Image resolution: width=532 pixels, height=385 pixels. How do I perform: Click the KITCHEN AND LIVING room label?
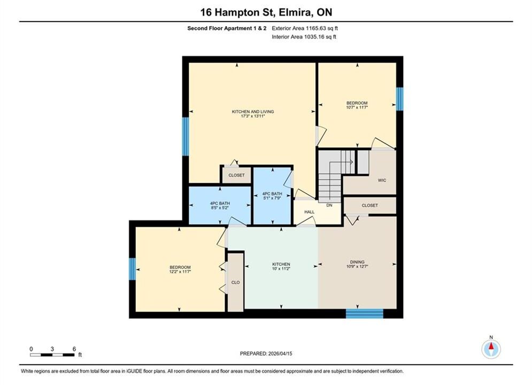coord(253,112)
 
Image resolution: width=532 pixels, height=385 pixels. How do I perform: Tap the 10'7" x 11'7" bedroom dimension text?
coord(357,107)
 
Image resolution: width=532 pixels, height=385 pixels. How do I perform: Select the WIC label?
coord(382,180)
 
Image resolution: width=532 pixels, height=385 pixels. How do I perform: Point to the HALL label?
coord(310,212)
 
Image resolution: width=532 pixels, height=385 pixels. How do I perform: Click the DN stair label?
coord(329,205)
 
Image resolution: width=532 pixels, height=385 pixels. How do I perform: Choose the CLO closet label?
coord(235,282)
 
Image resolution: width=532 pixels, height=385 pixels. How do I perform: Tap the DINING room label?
coord(357,262)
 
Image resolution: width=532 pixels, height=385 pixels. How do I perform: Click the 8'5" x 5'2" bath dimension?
coord(220,208)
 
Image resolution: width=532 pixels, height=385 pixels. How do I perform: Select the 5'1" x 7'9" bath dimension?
coord(272,198)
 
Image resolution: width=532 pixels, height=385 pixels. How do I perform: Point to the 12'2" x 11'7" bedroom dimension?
coord(180,272)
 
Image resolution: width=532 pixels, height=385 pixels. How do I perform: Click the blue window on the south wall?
coord(365,313)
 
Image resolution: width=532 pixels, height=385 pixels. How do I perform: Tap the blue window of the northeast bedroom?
coord(400,99)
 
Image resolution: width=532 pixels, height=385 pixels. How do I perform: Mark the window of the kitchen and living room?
coord(186,136)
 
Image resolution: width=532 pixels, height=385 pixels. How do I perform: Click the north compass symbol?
coord(491,348)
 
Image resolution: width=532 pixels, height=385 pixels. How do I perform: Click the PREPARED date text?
coord(266,353)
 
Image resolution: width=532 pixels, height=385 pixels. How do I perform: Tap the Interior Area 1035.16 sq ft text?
coord(304,37)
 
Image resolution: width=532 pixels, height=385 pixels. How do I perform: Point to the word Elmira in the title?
coord(296,12)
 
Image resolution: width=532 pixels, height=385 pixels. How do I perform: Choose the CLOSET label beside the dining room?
coord(370,205)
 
